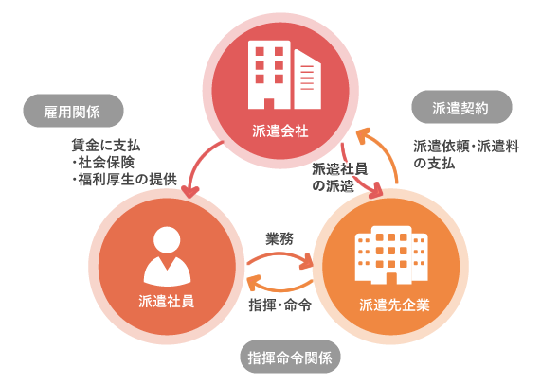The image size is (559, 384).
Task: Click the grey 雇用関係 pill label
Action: pos(74,111)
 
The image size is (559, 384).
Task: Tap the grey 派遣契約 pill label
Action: pos(461,107)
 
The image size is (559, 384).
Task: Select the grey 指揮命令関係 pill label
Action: pos(290,357)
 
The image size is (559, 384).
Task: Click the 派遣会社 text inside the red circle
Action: pos(280,131)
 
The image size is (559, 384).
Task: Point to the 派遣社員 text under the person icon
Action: pos(167,301)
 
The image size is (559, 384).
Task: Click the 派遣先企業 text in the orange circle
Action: pos(395,305)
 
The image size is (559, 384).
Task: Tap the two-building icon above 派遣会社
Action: pos(284,75)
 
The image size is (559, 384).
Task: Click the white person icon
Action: pos(167,256)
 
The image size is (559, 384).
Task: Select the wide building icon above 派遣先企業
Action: pos(391,254)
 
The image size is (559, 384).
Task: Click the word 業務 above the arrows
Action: pos(279,238)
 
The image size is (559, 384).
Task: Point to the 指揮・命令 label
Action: pos(280,305)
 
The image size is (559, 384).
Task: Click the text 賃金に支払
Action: pos(106,146)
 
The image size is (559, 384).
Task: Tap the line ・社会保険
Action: pos(103,163)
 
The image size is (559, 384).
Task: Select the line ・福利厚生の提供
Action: pos(124,180)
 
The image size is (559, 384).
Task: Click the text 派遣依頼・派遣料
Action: pos(466,147)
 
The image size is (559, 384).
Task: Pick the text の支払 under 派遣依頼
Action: pos(434,164)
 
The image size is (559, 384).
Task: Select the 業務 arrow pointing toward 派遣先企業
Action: pos(280,256)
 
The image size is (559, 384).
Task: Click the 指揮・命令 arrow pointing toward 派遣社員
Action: pos(280,287)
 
